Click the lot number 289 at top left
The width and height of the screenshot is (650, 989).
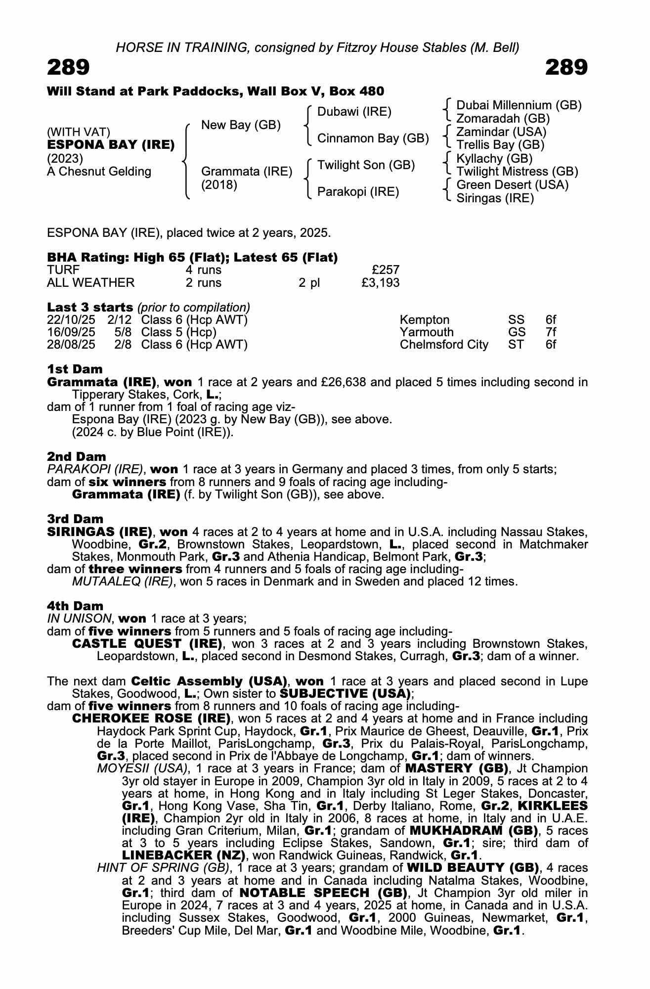pos(68,67)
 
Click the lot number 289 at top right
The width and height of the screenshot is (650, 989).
pos(566,67)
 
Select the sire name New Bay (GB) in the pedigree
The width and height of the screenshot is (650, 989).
pos(241,125)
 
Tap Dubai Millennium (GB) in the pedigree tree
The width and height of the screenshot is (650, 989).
pos(519,105)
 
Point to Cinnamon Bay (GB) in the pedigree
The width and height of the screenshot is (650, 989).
pos(373,138)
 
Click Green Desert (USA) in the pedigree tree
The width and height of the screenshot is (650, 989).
pos(512,185)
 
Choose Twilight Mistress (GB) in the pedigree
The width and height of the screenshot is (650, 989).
pos(517,172)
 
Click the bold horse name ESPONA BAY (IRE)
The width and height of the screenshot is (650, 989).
pos(111,145)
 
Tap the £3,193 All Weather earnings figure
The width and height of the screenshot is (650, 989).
pos(380,283)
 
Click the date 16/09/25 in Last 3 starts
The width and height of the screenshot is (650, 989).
pos(71,332)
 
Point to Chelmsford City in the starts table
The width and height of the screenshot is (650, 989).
pos(444,345)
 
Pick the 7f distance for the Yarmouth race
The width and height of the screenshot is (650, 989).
pos(551,332)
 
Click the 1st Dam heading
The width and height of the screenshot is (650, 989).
pos(75,369)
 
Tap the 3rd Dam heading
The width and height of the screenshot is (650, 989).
pos(75,519)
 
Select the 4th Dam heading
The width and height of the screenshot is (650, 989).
pos(75,606)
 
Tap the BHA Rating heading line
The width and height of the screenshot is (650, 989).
pos(192,258)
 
